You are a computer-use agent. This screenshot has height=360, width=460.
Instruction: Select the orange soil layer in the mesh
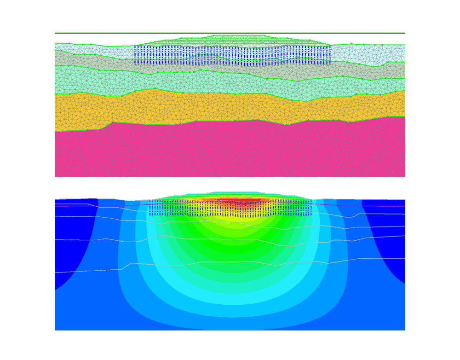230,108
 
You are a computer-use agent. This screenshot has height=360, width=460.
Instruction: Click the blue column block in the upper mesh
232,55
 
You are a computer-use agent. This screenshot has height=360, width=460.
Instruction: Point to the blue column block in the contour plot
230,208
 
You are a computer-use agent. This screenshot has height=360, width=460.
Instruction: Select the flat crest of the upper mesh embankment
239,35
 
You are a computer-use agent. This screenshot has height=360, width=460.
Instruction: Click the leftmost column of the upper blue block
135,55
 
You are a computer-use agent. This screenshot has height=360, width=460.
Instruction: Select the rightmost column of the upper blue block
330,55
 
